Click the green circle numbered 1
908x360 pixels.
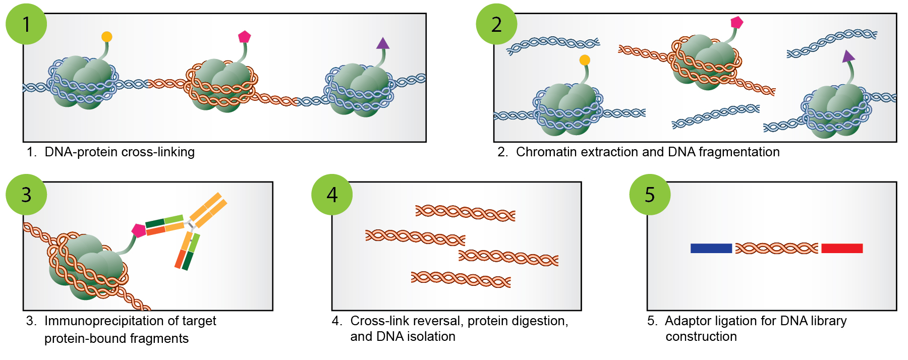pos(26,24)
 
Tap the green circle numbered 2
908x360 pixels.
pos(496,24)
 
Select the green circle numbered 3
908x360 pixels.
pos(26,194)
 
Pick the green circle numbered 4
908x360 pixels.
pos(332,194)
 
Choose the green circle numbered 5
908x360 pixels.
pos(650,194)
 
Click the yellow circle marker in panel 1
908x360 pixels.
pos(106,37)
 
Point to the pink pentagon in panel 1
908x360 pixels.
pos(245,37)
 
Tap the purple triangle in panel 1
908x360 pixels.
pos(383,44)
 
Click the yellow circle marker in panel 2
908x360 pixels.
pos(585,60)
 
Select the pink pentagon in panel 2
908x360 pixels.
pos(737,22)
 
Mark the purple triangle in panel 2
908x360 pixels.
pos(848,56)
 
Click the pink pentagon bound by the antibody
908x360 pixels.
pos(139,230)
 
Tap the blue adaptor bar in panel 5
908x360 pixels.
pos(711,248)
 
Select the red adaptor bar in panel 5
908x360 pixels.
pos(842,248)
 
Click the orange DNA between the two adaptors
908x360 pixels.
pos(776,248)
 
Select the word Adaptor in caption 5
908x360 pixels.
pos(688,321)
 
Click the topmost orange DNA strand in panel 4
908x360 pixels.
pos(465,213)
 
